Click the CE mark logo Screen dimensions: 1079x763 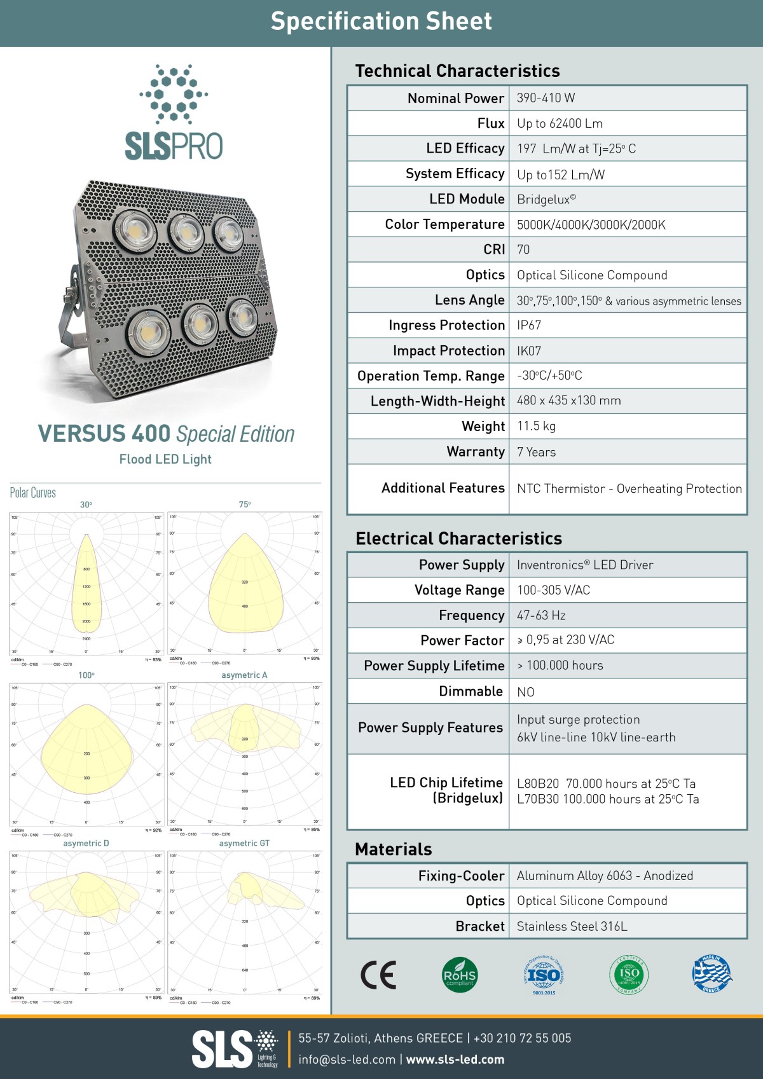pyautogui.click(x=378, y=975)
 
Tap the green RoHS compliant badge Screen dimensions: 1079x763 pyautogui.click(x=459, y=975)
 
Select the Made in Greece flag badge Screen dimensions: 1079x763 pyautogui.click(x=711, y=974)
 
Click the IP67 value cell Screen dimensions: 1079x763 pyautogui.click(x=529, y=326)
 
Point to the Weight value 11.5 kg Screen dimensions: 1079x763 pyautogui.click(x=536, y=426)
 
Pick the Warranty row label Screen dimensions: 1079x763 pyautogui.click(x=476, y=452)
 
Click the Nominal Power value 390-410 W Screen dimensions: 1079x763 pyautogui.click(x=546, y=98)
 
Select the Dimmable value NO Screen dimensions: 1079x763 pyautogui.click(x=526, y=692)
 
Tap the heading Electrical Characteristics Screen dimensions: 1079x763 pyautogui.click(x=458, y=539)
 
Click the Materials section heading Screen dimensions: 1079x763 pyautogui.click(x=394, y=849)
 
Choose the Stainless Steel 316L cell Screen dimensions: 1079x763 pyautogui.click(x=572, y=926)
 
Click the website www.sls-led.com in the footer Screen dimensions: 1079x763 pyautogui.click(x=455, y=1059)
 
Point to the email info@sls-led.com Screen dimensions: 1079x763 pyautogui.click(x=347, y=1059)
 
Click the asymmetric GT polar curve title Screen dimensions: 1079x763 pyautogui.click(x=244, y=843)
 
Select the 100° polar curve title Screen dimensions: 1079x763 pyautogui.click(x=86, y=675)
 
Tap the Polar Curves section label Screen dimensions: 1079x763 pyautogui.click(x=33, y=493)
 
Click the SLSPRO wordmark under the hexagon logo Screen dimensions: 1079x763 pyautogui.click(x=174, y=146)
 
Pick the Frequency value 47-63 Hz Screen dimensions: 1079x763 pyautogui.click(x=541, y=615)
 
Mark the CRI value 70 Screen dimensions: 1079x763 pyautogui.click(x=523, y=250)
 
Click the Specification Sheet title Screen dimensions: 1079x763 pyautogui.click(x=381, y=22)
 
